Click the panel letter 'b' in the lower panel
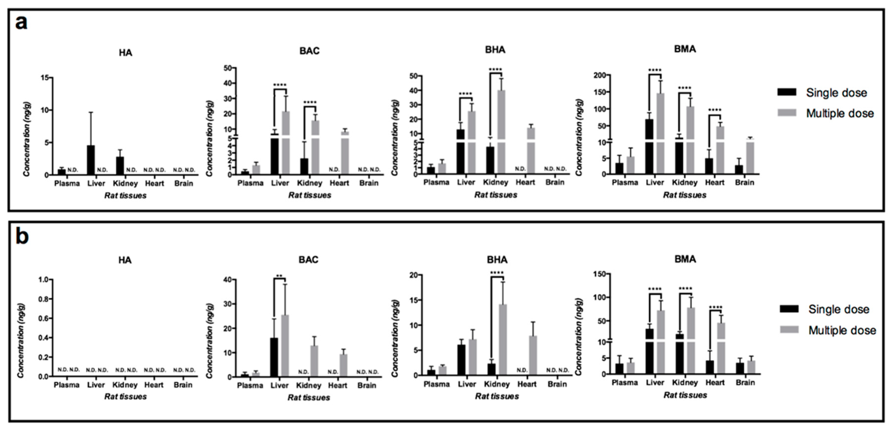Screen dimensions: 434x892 pos(22,237)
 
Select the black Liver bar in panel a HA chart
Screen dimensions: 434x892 pos(91,160)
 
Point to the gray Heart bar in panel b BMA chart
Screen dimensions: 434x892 pos(721,348)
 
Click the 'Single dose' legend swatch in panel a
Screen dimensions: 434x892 pos(787,92)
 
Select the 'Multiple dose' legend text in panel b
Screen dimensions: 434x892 pos(842,330)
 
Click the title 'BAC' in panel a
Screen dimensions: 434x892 pos(309,51)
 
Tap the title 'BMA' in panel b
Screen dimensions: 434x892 pos(685,259)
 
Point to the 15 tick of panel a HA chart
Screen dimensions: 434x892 pos(45,77)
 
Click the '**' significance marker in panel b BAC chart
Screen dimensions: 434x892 pos(279,276)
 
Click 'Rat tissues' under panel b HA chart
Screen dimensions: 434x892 pos(125,397)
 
